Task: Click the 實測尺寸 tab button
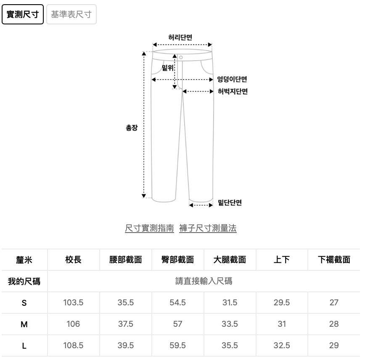pyautogui.click(x=23, y=14)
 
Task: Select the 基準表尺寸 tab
pyautogui.click(x=71, y=14)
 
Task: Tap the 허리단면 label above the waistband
pyautogui.click(x=180, y=37)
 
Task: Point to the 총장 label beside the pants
pyautogui.click(x=132, y=127)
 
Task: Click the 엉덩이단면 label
pyautogui.click(x=232, y=79)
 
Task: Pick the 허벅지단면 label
pyautogui.click(x=233, y=91)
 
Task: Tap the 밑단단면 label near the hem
pyautogui.click(x=230, y=203)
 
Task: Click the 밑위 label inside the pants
pyautogui.click(x=168, y=68)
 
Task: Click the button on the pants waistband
pyautogui.click(x=181, y=57)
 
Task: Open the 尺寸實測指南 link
pyautogui.click(x=149, y=228)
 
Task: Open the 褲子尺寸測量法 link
pyautogui.click(x=208, y=228)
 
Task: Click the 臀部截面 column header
pyautogui.click(x=177, y=259)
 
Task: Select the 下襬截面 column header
pyautogui.click(x=334, y=259)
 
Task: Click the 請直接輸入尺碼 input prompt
pyautogui.click(x=204, y=281)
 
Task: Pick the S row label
pyautogui.click(x=24, y=303)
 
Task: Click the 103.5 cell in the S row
pyautogui.click(x=73, y=302)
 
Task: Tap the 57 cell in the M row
pyautogui.click(x=177, y=324)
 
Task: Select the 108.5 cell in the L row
pyautogui.click(x=73, y=345)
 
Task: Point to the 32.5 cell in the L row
pyautogui.click(x=282, y=345)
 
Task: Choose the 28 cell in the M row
pyautogui.click(x=334, y=324)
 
